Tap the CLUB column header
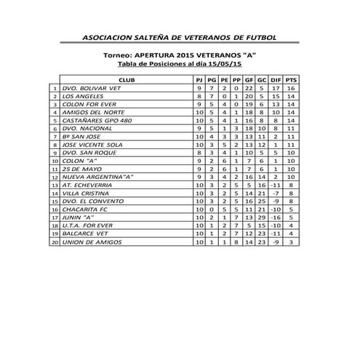tap(125, 79)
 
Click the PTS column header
tap(291, 79)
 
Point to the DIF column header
tap(276, 79)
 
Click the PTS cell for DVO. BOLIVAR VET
tap(291, 88)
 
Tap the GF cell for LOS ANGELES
tap(249, 97)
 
